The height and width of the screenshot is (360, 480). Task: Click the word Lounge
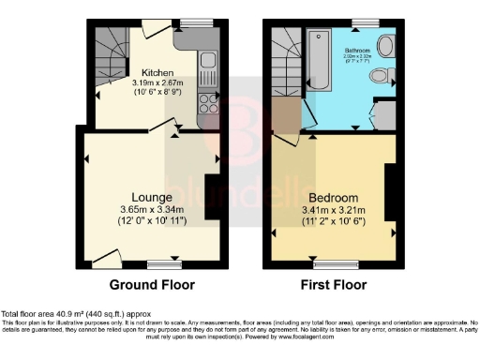tap(153, 197)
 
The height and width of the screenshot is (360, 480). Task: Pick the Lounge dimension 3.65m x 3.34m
tap(153, 209)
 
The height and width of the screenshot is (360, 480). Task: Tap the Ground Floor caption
tap(152, 285)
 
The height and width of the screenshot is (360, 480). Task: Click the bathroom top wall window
tap(361, 22)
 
